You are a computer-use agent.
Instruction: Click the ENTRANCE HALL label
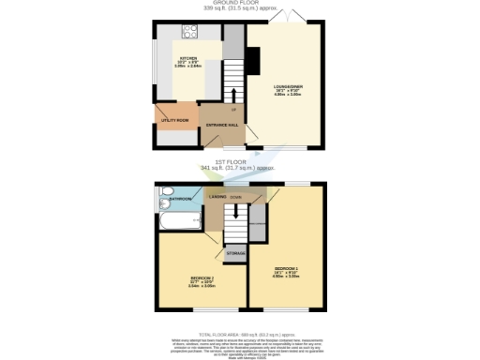tap(220, 124)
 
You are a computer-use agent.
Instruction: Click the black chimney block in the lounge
tap(252, 61)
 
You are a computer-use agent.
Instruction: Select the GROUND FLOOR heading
tap(239, 3)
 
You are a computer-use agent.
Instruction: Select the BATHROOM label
tap(180, 200)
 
